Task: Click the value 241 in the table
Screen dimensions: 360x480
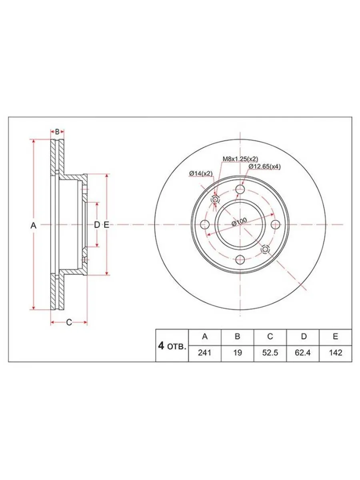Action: [x=204, y=353]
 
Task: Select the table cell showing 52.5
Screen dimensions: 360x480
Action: [x=270, y=353]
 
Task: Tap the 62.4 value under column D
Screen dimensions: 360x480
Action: [x=303, y=353]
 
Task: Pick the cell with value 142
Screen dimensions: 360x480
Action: [x=336, y=353]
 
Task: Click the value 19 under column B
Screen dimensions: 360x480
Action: [x=237, y=353]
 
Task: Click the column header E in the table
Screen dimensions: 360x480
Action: [x=336, y=336]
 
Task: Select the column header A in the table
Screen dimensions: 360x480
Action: [x=204, y=336]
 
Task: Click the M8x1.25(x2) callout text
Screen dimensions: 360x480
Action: [x=240, y=158]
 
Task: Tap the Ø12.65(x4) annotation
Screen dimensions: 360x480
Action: [x=264, y=166]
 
